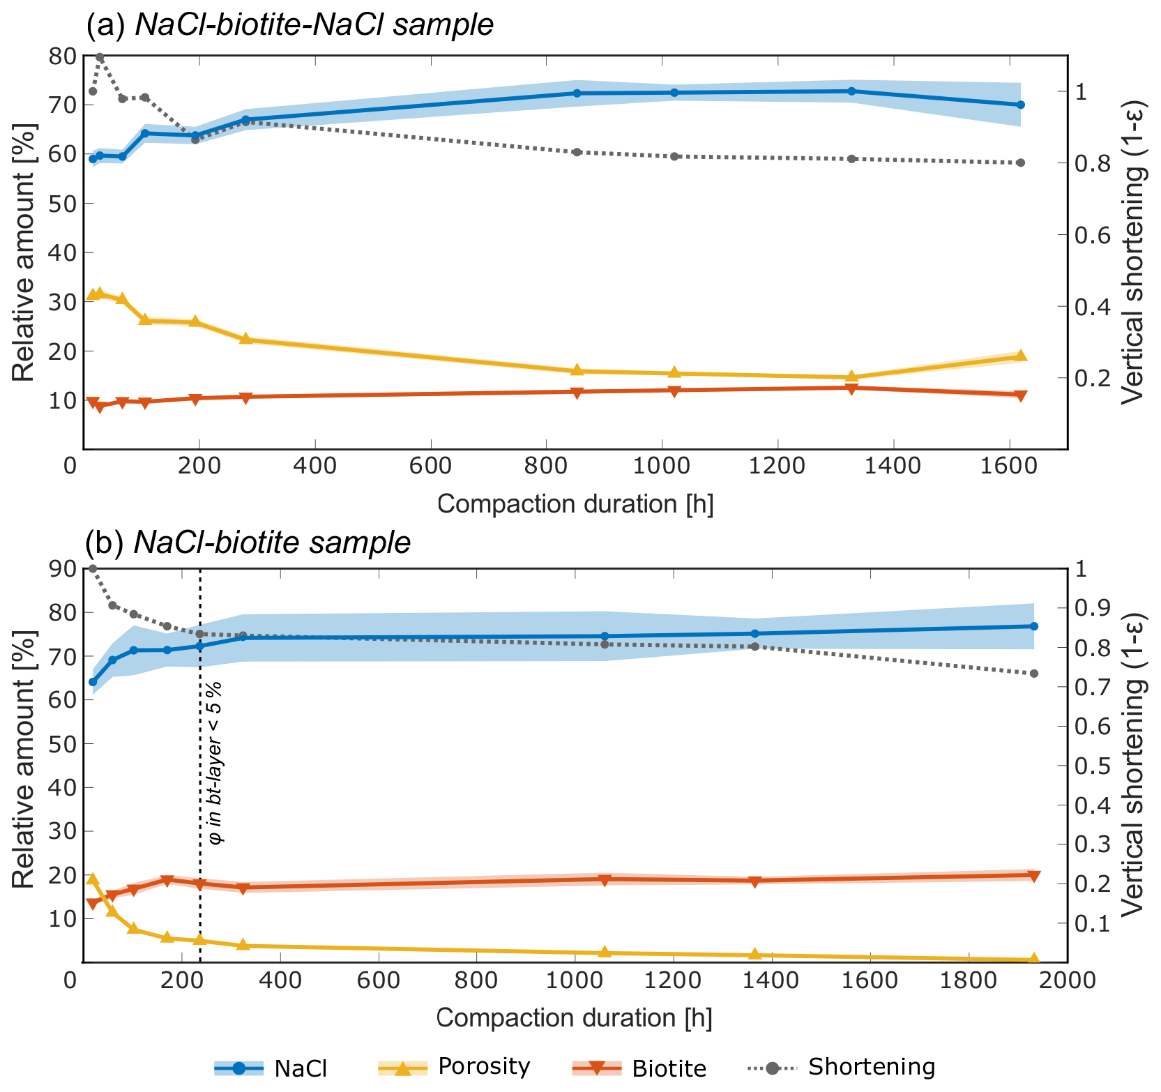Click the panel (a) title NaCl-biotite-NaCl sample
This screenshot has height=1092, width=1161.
click(x=289, y=25)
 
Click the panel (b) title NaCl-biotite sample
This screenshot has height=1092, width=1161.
click(x=248, y=542)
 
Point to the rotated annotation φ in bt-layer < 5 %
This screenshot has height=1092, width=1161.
click(x=215, y=762)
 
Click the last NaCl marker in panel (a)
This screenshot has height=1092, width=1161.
click(x=1020, y=105)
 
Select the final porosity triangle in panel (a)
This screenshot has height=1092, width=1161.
click(x=1020, y=356)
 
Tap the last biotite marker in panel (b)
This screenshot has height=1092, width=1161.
click(x=1033, y=876)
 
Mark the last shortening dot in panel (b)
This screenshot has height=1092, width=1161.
click(x=1033, y=674)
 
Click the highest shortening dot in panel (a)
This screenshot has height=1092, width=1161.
click(x=100, y=57)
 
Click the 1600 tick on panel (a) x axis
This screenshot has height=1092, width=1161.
click(x=1009, y=467)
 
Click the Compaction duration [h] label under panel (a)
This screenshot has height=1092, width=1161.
click(x=575, y=504)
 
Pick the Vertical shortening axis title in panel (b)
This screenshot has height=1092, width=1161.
click(x=1135, y=765)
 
